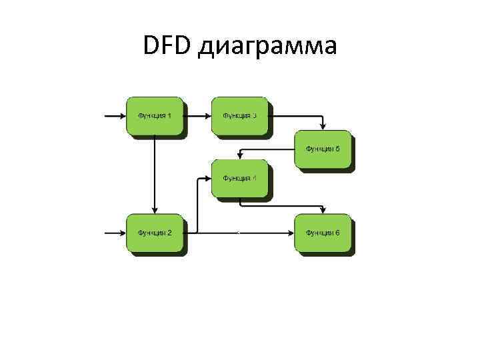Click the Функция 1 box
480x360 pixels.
click(155, 116)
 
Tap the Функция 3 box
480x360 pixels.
click(239, 116)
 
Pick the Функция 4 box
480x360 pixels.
click(239, 178)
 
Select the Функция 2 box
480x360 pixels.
click(155, 233)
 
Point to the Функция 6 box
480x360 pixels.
click(323, 233)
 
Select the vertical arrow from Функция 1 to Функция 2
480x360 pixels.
click(155, 173)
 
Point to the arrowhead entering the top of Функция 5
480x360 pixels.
click(323, 127)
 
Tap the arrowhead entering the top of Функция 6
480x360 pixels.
click(323, 211)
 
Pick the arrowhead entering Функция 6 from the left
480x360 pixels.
click(291, 233)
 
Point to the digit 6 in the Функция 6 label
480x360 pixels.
click(338, 233)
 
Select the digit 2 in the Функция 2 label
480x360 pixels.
click(169, 233)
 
